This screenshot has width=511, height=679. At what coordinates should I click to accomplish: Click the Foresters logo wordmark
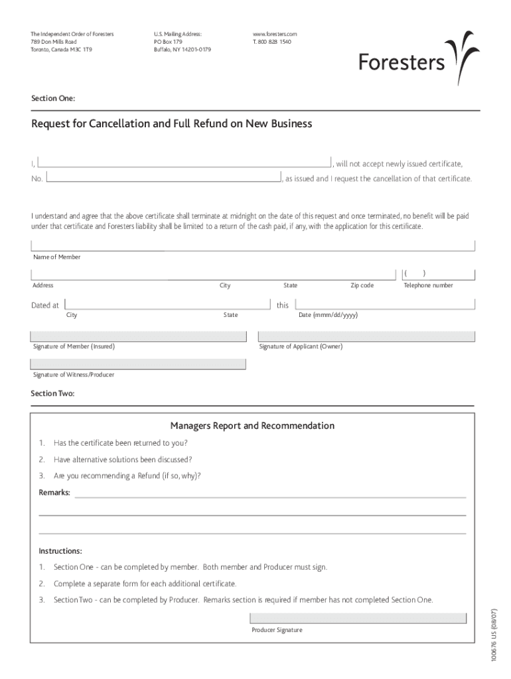402,62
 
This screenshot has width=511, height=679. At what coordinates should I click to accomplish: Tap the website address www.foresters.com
275,34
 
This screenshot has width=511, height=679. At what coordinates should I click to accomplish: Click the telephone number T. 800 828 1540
271,42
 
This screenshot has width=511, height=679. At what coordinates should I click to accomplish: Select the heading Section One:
53,98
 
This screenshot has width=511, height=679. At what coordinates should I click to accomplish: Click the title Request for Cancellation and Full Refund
171,124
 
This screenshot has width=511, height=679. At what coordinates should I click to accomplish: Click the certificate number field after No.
163,178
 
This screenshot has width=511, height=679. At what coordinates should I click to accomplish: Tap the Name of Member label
56,257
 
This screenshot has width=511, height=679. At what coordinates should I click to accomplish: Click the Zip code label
362,286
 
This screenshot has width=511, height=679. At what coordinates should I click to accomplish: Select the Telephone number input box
438,273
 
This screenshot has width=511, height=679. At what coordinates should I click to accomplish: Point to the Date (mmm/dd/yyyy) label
328,315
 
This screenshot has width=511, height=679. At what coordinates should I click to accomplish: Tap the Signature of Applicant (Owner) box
366,336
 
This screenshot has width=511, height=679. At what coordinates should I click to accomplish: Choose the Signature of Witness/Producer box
137,364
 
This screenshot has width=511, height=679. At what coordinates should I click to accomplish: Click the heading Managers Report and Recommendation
252,426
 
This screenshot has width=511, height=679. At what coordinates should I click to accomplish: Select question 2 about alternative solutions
123,460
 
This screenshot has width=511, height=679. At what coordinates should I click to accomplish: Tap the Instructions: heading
60,551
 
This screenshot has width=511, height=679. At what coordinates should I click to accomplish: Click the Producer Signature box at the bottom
358,619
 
